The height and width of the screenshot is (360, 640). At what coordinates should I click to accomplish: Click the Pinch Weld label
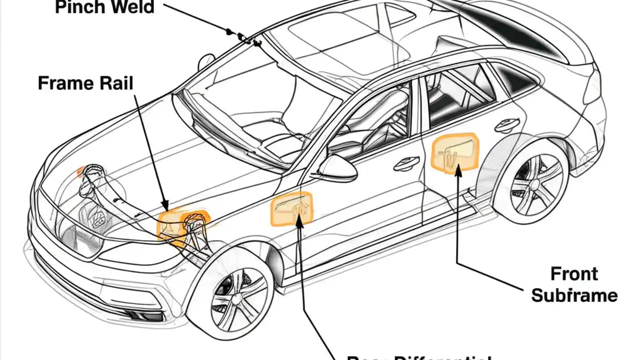click(104, 8)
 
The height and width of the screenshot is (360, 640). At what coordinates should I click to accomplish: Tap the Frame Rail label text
click(86, 83)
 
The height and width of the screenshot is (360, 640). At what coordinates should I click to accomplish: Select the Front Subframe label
click(574, 284)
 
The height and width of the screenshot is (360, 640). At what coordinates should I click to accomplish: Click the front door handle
click(406, 163)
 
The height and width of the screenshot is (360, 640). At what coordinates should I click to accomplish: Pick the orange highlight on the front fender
click(291, 209)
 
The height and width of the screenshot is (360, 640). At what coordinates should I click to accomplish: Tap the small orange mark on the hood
click(79, 172)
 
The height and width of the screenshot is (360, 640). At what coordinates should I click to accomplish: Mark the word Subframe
click(574, 295)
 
